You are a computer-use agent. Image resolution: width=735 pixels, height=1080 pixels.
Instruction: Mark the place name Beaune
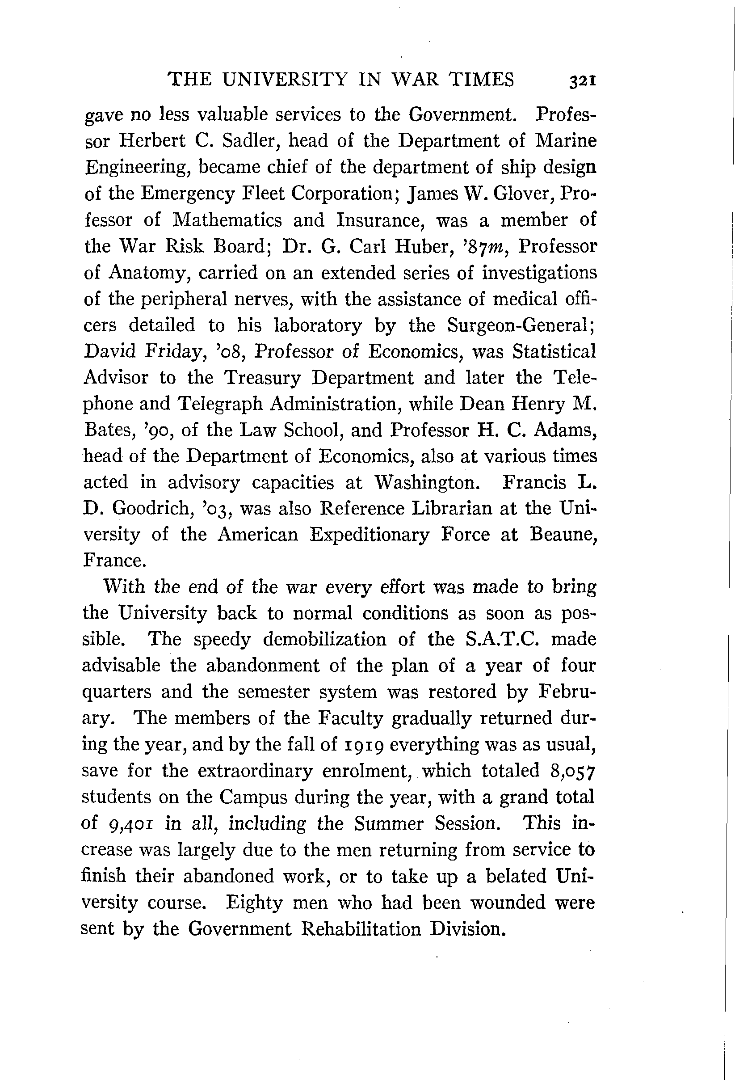click(x=563, y=535)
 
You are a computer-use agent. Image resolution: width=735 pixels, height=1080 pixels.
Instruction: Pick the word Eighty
click(x=254, y=902)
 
